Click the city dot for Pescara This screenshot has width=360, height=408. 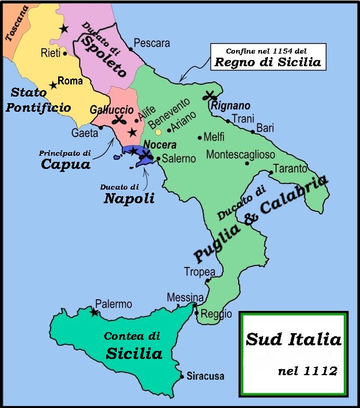tap(131, 49)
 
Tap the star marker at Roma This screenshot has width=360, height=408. tap(53, 86)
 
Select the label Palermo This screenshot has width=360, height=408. tap(114, 304)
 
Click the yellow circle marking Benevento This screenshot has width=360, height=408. tap(158, 132)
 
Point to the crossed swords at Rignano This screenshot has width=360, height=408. tap(209, 96)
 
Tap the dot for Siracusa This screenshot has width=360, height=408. tap(182, 376)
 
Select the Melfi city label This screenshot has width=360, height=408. tap(214, 137)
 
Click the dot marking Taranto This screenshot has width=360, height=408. tap(271, 173)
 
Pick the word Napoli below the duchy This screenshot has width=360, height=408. tap(129, 199)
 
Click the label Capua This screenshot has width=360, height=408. tap(66, 164)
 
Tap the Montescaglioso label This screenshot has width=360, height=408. tap(241, 154)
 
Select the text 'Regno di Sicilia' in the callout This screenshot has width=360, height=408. tap(267, 63)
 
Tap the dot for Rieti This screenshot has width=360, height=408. tap(65, 53)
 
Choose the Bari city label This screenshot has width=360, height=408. tap(265, 128)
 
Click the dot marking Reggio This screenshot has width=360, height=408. tap(197, 313)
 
